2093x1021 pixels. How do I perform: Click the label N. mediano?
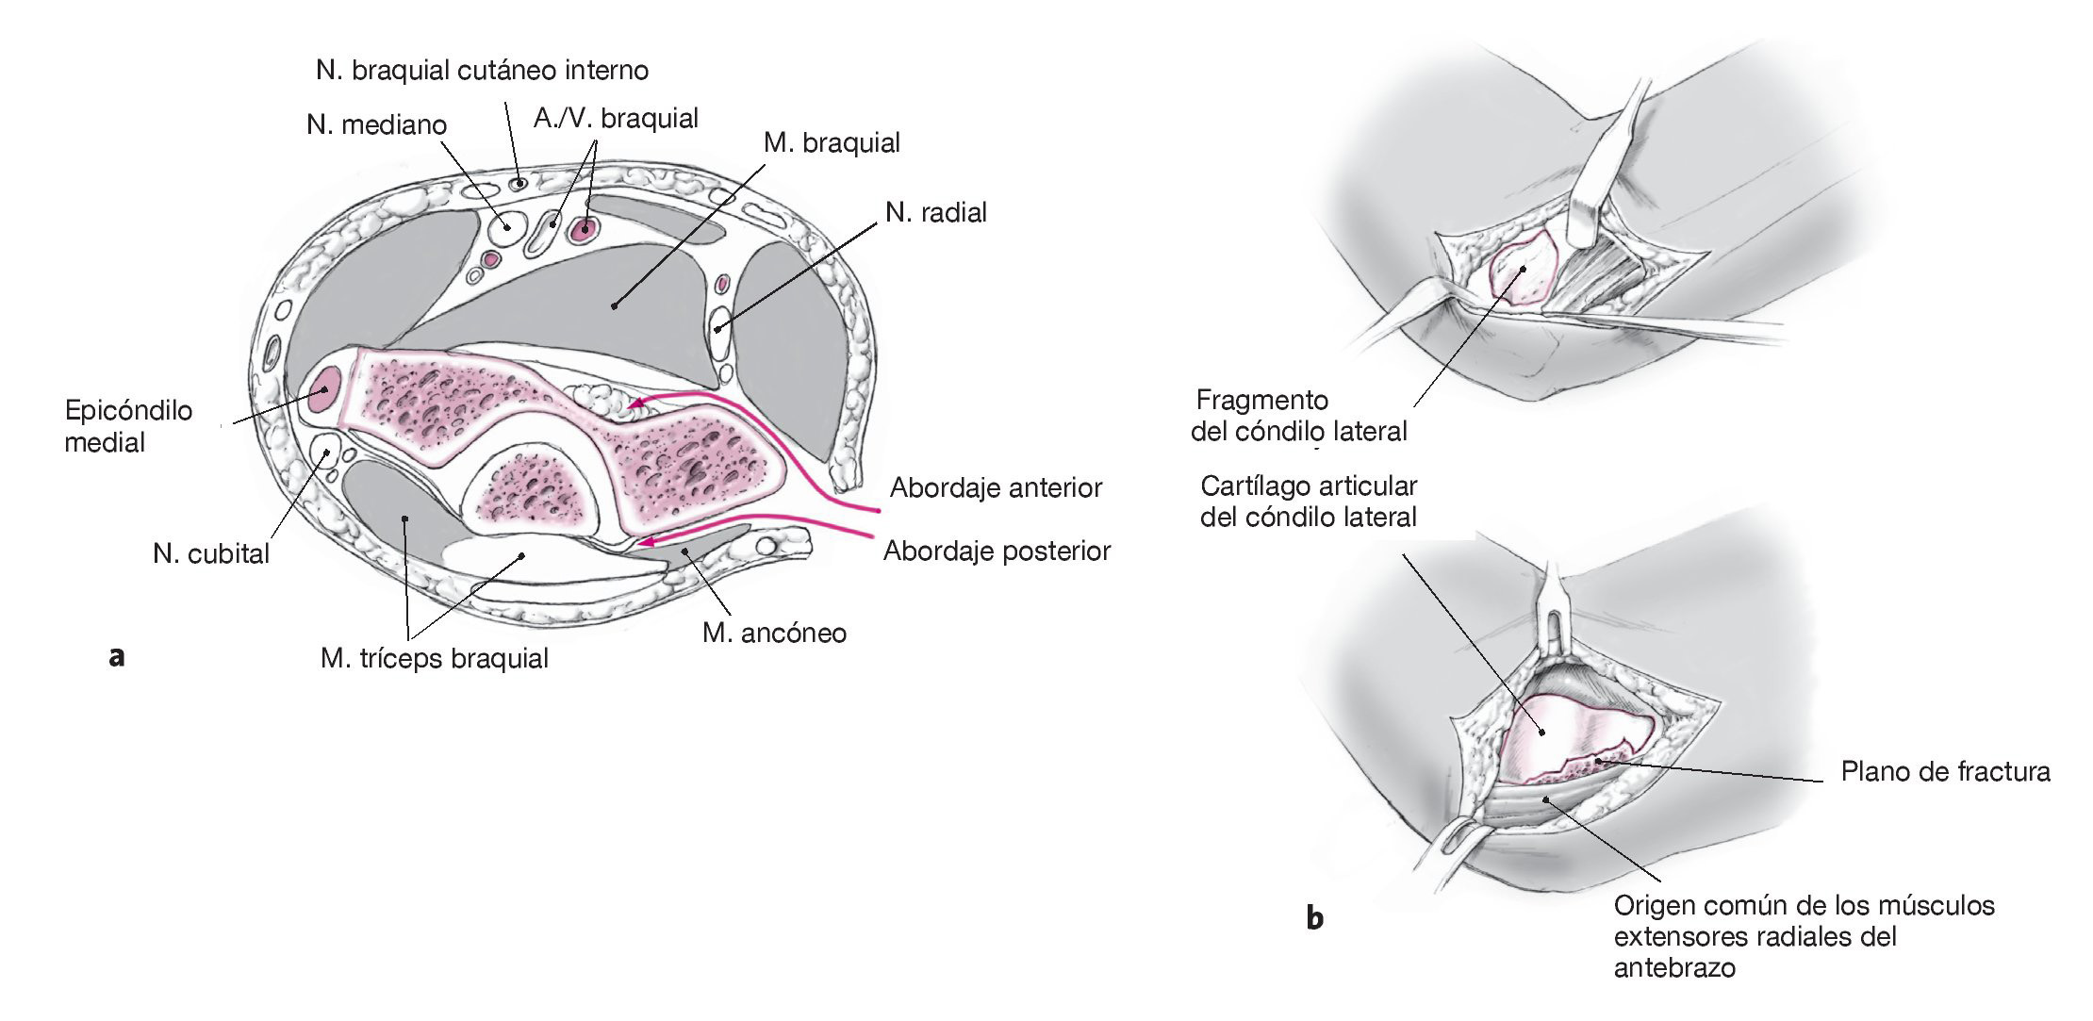pyautogui.click(x=376, y=124)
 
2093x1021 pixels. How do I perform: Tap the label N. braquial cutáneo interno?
pyautogui.click(x=482, y=70)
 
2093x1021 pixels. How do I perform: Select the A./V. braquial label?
pyautogui.click(x=616, y=119)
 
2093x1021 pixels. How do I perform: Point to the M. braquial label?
pyautogui.click(x=832, y=143)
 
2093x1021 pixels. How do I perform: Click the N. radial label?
pyautogui.click(x=936, y=212)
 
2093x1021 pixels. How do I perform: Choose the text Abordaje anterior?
pyautogui.click(x=996, y=487)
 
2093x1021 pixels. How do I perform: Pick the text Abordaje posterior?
pyautogui.click(x=997, y=551)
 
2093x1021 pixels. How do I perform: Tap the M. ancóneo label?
pyautogui.click(x=774, y=633)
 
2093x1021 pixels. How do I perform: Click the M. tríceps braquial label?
pyautogui.click(x=434, y=658)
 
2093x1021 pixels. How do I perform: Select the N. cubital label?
pyautogui.click(x=211, y=553)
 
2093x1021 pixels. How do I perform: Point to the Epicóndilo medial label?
pyautogui.click(x=128, y=426)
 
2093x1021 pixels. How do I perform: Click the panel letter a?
pyautogui.click(x=116, y=656)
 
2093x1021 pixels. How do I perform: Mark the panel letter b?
pyautogui.click(x=1314, y=916)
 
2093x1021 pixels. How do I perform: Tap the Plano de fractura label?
pyautogui.click(x=1945, y=772)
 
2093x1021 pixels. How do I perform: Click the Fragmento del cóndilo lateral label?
pyautogui.click(x=1299, y=416)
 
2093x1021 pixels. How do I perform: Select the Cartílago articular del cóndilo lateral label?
pyautogui.click(x=1309, y=502)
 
